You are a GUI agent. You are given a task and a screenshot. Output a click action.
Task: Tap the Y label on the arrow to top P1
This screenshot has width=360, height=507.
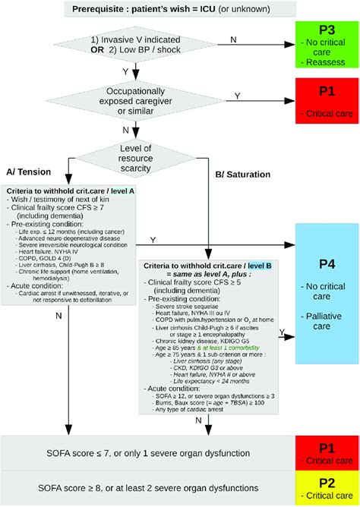click(x=237, y=96)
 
